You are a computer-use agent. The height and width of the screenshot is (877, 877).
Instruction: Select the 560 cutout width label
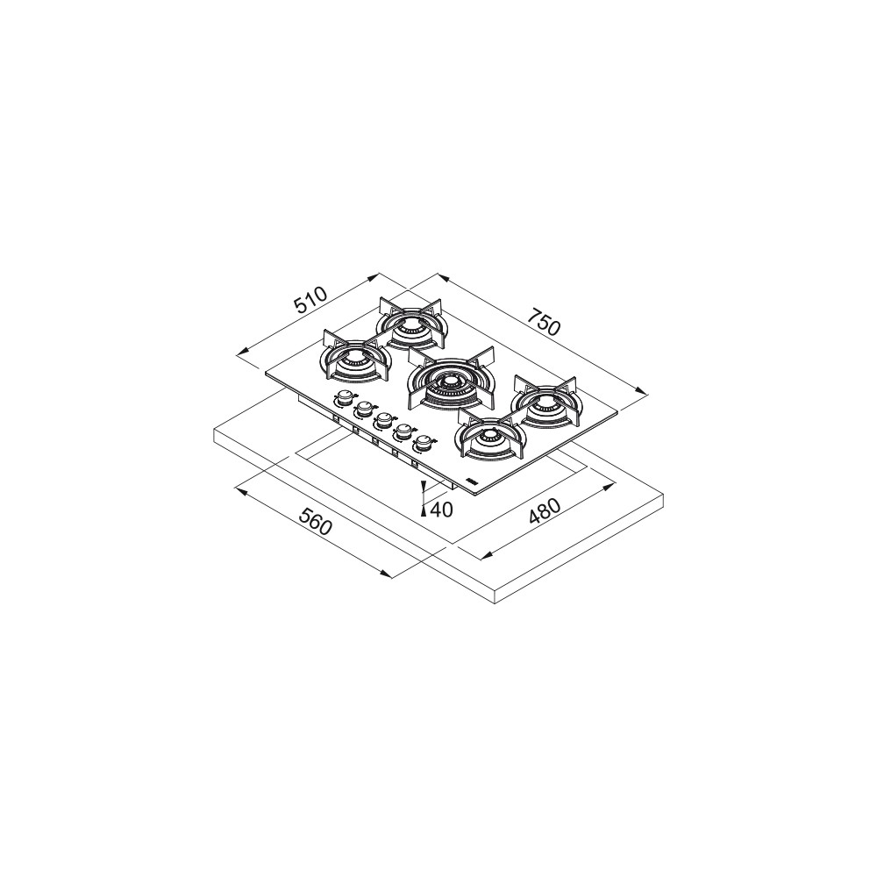(315, 521)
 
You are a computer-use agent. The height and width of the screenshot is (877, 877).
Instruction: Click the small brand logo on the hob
(471, 481)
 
